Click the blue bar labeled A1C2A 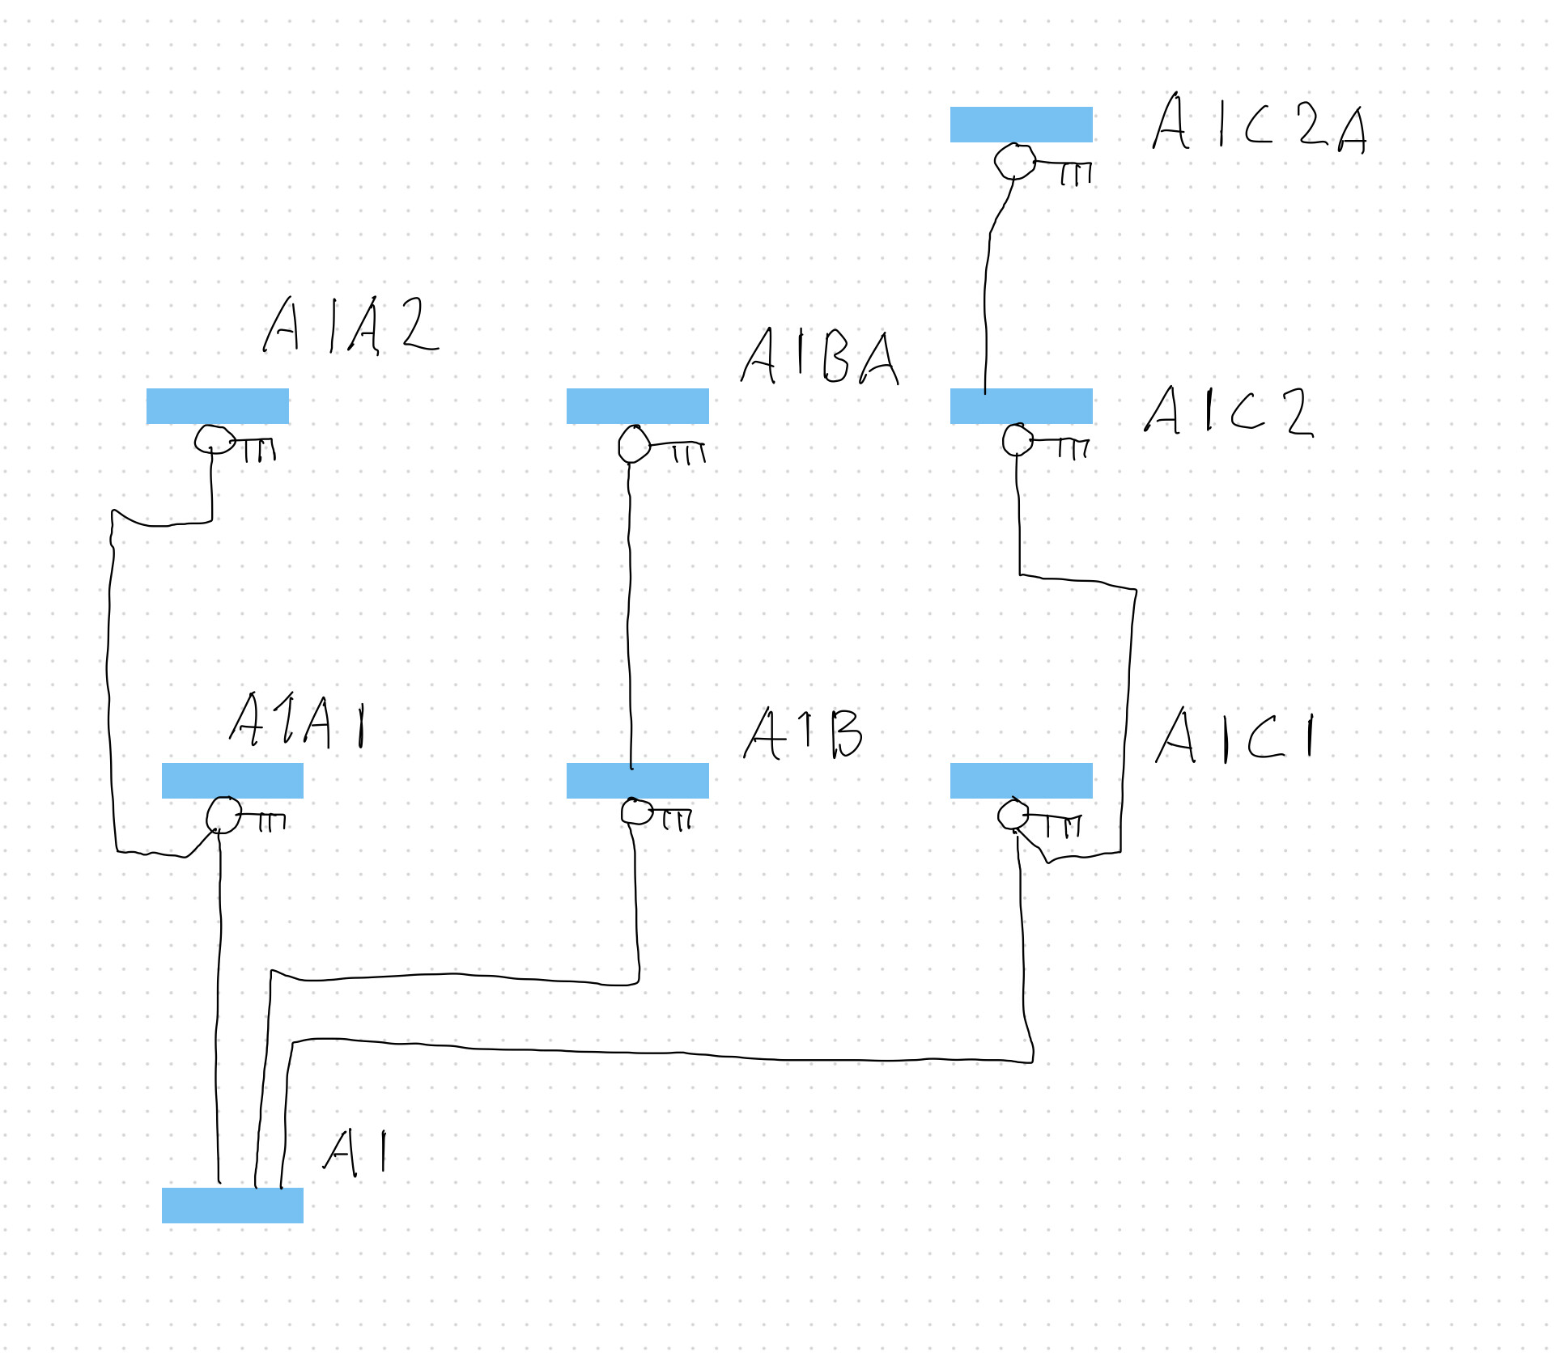[1021, 125]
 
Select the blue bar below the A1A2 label [217, 406]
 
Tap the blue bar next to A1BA [637, 406]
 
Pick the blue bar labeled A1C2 [1021, 406]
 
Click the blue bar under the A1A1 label [232, 781]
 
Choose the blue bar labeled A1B [637, 781]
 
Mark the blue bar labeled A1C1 [1021, 781]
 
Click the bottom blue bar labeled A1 [232, 1206]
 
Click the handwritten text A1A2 [350, 325]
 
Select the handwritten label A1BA [819, 357]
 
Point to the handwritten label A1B [803, 734]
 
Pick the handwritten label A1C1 [1235, 736]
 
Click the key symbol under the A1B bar [655, 814]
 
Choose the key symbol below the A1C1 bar [1038, 818]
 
